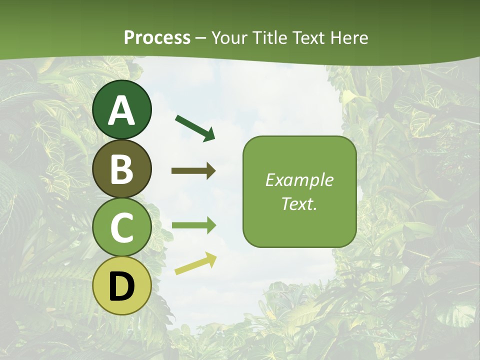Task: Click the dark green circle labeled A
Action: [122, 109]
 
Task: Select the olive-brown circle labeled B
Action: [122, 168]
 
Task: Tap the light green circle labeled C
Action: [122, 227]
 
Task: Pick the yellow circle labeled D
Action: [122, 286]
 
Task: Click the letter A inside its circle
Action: [122, 110]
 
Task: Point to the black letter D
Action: [122, 287]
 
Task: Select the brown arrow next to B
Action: [193, 171]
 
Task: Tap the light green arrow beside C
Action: [193, 225]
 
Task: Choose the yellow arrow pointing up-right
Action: [195, 264]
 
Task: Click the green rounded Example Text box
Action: [299, 192]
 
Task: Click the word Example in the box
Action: [299, 180]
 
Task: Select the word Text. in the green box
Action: [299, 204]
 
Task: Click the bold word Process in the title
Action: [157, 38]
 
